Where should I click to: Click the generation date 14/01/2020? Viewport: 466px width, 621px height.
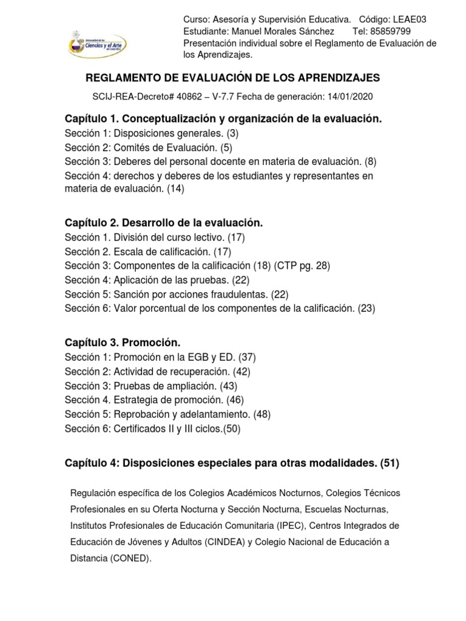coord(350,96)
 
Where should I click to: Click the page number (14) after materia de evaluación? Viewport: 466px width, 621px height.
coord(176,189)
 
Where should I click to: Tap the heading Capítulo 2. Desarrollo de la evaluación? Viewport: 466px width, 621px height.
coord(164,223)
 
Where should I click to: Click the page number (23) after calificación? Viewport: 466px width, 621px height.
coord(366,308)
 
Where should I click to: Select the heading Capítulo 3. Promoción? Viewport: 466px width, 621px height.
coord(123,343)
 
